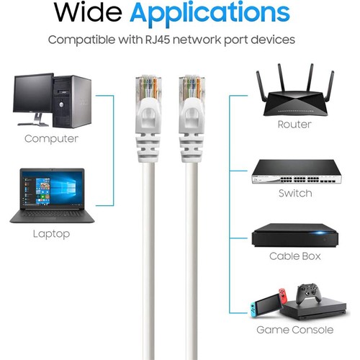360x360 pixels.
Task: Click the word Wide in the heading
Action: [88, 12]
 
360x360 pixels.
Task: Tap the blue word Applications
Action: [210, 14]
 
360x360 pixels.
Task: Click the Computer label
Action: [51, 139]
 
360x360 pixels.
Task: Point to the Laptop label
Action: [51, 234]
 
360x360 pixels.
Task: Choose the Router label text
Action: [294, 125]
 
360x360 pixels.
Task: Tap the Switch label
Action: [295, 193]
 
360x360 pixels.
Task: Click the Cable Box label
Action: [295, 256]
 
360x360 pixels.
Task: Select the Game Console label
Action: [295, 330]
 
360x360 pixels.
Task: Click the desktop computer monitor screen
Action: [33, 94]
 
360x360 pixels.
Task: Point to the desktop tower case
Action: [72, 102]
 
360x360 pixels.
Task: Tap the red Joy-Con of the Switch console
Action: [283, 297]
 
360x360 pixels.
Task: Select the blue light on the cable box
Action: [320, 233]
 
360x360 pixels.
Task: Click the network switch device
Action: [297, 172]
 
